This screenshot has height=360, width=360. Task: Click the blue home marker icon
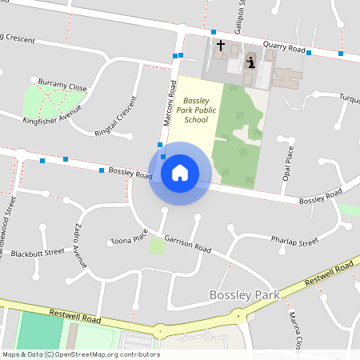180,173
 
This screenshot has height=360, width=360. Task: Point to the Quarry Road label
286,48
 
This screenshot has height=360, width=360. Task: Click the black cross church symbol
221,46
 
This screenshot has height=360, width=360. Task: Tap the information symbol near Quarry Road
250,61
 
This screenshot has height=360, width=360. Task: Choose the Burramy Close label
62,85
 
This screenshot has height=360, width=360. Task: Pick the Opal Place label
289,163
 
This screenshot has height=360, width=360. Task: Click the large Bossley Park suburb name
244,295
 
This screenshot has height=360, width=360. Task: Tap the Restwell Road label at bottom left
75,318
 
